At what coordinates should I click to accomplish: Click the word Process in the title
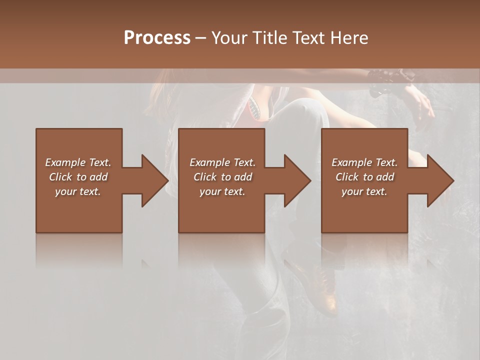(157, 38)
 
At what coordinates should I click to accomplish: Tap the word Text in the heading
(307, 38)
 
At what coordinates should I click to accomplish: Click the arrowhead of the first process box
(155, 180)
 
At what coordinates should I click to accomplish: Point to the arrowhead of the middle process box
(297, 180)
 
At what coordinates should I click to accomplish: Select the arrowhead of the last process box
(440, 180)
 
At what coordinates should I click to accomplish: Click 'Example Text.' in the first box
(78, 162)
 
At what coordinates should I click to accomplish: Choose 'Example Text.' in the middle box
(222, 162)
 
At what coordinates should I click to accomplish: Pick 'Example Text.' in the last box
(364, 162)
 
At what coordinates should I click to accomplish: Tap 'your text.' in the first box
(78, 191)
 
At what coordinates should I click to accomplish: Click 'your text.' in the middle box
(222, 191)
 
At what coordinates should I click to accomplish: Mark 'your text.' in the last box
(364, 191)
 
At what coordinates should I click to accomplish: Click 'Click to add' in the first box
(78, 177)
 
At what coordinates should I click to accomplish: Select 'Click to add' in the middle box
(222, 177)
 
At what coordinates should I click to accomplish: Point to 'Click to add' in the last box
(364, 177)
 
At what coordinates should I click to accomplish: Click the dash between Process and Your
(200, 38)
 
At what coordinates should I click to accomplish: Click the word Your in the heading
(228, 38)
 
